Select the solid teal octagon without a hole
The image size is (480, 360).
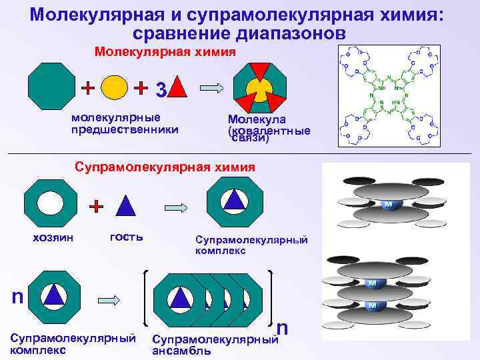tap(53, 88)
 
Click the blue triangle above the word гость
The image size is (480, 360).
tap(126, 205)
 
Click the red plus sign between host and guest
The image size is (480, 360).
tap(97, 205)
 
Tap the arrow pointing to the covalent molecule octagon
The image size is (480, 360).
tap(212, 87)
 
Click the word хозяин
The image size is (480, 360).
tap(53, 237)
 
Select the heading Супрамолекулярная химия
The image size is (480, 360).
tap(165, 167)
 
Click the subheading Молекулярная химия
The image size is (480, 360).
tap(165, 51)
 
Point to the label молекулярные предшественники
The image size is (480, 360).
tap(125, 124)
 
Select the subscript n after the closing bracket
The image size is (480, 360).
tap(283, 327)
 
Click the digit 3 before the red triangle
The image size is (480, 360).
tap(160, 88)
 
